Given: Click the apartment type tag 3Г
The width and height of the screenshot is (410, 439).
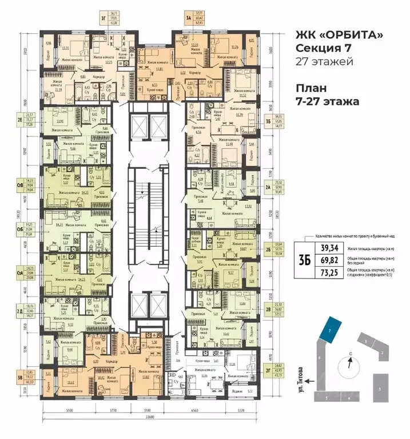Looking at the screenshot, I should pyautogui.click(x=102, y=17).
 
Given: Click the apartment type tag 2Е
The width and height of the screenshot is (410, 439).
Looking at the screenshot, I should pyautogui.click(x=20, y=120).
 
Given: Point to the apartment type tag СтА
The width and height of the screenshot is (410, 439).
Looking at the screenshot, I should pyautogui.click(x=20, y=274).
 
